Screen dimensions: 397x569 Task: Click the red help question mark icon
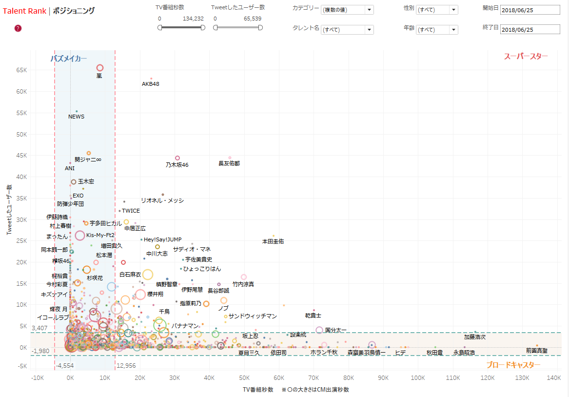(x=18, y=28)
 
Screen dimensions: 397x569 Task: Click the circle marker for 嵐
(x=100, y=68)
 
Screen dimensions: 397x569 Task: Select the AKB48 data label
(x=151, y=84)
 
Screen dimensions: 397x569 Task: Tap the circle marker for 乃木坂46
(x=177, y=158)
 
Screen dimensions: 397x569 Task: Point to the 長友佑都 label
(x=229, y=163)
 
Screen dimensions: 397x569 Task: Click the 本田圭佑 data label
(x=273, y=241)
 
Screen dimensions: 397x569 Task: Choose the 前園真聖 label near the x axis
(x=537, y=351)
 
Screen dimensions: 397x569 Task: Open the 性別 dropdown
(x=437, y=10)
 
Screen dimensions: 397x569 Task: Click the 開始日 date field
(x=530, y=10)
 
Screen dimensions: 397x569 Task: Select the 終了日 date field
(x=530, y=30)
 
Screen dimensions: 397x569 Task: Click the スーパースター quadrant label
(x=526, y=56)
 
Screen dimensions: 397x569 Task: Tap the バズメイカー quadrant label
(x=69, y=59)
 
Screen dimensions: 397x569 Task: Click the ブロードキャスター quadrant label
(x=513, y=365)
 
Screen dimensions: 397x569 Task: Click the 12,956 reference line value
(x=126, y=365)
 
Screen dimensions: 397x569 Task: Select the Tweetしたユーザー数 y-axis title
(x=9, y=209)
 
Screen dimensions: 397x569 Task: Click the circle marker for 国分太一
(x=319, y=330)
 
